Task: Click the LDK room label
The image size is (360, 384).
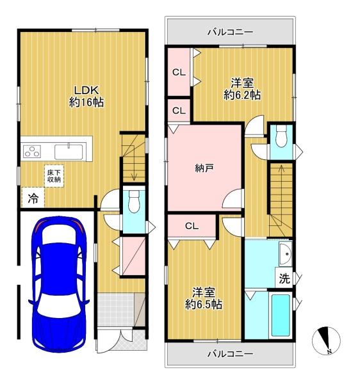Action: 86,90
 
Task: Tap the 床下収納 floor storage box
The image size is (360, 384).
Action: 54,176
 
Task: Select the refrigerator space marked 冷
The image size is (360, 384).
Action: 33,198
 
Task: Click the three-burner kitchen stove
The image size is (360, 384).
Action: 32,151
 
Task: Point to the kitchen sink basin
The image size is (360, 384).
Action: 69,152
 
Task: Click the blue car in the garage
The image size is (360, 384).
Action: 59,284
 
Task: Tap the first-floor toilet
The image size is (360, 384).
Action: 134,202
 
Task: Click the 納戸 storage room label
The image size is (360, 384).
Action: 204,168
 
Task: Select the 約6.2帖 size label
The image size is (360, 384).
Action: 242,95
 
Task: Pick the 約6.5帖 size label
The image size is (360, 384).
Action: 204,305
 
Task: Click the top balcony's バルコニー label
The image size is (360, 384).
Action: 230,32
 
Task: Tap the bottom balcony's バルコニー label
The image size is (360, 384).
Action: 230,354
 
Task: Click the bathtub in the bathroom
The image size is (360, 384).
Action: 281,315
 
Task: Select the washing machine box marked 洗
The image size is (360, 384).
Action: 284,278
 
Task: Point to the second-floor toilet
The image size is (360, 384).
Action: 281,136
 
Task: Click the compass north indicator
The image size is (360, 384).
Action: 326,340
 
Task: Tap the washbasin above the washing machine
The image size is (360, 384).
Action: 286,253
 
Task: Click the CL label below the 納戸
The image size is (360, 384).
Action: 192,226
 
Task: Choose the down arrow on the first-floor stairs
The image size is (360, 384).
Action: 134,163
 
